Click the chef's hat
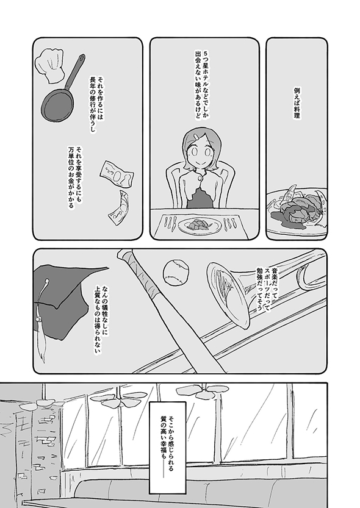point(49,65)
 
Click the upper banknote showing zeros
point(117,174)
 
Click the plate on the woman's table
point(200,225)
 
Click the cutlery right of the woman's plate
point(229,223)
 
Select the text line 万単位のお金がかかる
point(71,177)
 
